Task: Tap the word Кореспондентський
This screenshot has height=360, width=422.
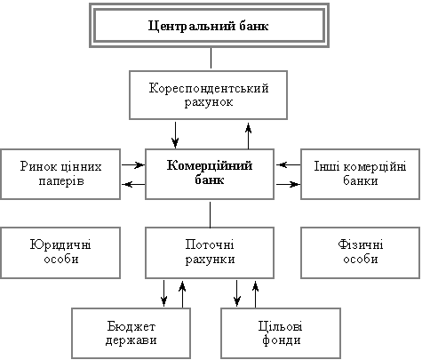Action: click(209, 88)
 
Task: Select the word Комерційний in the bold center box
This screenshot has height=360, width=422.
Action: click(210, 165)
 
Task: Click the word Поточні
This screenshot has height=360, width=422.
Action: click(210, 244)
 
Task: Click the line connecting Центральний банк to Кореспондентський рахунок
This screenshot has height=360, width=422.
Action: click(211, 58)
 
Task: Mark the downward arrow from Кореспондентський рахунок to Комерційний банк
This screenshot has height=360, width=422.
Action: click(175, 135)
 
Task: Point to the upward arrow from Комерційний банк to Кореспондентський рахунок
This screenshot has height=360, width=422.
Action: click(249, 136)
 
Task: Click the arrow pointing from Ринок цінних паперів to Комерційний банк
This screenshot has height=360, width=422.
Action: click(133, 164)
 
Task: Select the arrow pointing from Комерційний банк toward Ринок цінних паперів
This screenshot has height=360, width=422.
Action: click(133, 184)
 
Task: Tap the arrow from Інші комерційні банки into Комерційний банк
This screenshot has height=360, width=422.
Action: click(288, 164)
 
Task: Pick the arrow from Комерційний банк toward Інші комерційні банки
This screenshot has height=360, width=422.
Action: click(288, 184)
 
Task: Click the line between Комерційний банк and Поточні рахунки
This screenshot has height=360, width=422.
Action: click(211, 215)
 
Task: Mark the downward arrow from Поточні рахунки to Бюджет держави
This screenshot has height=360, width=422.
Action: click(164, 293)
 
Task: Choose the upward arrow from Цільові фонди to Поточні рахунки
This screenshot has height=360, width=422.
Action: click(256, 294)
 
